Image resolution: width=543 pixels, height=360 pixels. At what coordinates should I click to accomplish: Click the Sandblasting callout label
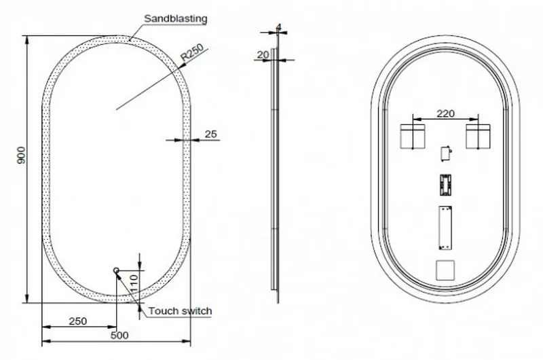pos(175,18)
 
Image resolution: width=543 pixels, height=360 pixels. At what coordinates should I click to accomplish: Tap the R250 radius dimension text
pos(192,53)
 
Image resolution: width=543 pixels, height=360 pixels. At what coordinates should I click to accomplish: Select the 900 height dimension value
pos(21,156)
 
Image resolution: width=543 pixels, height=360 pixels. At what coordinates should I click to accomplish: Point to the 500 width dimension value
pos(119,335)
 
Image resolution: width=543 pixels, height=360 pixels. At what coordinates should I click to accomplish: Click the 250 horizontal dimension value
pos(77,321)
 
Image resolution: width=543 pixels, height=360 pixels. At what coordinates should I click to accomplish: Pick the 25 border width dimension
pos(210,134)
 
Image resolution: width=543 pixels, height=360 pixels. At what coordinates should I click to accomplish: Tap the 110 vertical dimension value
pos(134,283)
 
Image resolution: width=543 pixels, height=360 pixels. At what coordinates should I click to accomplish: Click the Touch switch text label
pos(180,311)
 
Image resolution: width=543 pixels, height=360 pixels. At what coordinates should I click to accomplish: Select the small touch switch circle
pos(116,270)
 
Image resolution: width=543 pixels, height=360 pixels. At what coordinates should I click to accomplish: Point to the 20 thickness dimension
pos(263,55)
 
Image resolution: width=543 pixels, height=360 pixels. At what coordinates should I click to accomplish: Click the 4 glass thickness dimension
pos(279,27)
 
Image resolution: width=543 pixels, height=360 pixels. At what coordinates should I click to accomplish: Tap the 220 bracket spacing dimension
pos(445,113)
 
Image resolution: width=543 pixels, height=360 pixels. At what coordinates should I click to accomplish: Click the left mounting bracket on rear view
pos(413,137)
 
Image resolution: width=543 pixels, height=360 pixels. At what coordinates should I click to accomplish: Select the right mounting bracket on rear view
pos(478,137)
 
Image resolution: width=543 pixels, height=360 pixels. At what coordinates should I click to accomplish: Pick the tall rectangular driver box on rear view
pos(445,228)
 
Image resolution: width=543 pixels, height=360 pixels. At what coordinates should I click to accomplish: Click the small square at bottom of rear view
pos(445,270)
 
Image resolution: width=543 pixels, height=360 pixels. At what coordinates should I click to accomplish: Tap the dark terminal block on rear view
pos(445,185)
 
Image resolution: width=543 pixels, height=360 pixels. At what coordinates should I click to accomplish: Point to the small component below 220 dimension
pos(446,154)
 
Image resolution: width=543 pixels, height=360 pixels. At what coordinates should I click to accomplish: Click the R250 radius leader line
pos(162,79)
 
